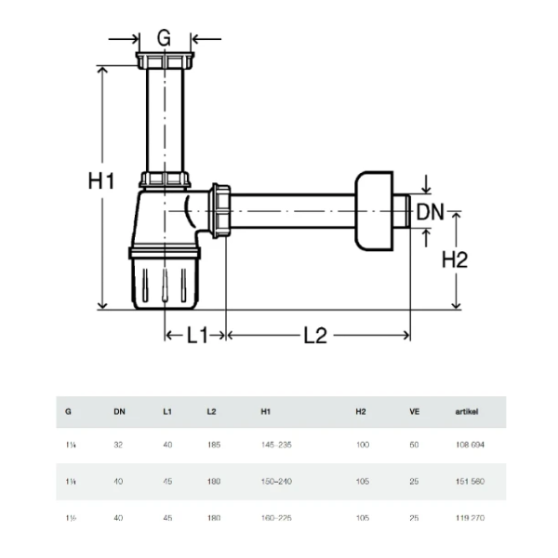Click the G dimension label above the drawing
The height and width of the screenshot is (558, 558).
[x=165, y=38]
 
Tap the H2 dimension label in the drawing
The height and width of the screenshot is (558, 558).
[x=453, y=260]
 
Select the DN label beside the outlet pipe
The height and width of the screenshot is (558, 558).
[x=430, y=212]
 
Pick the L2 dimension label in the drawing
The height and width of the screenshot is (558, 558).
[x=315, y=336]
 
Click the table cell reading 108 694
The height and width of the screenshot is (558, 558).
[x=470, y=445]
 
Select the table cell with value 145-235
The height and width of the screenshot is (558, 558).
[x=277, y=445]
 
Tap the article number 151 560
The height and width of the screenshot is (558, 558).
[x=470, y=482]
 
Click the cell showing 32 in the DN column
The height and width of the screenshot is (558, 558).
[x=118, y=445]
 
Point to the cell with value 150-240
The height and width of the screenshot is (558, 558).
[x=277, y=482]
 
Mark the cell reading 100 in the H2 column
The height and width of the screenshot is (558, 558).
[x=363, y=445]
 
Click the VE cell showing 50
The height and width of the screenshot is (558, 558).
[x=415, y=445]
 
